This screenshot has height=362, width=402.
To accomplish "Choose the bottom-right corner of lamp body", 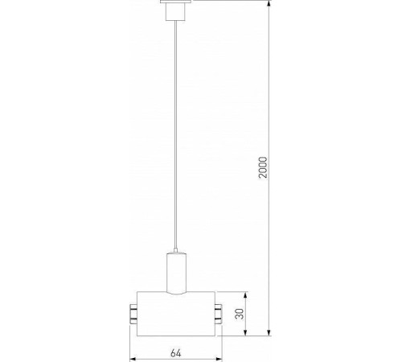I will click(214, 333).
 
